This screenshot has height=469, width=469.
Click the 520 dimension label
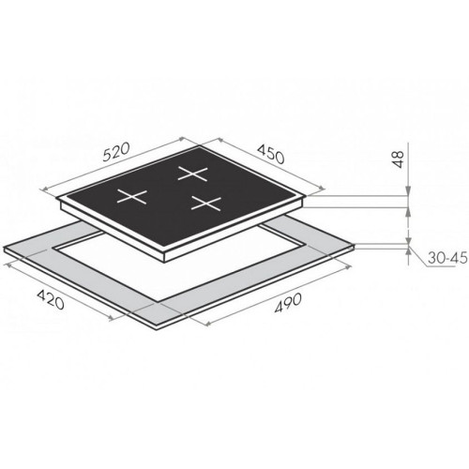pyautogui.click(x=115, y=152)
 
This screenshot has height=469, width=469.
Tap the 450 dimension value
pyautogui.click(x=271, y=154)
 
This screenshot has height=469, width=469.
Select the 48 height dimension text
pyautogui.click(x=398, y=159)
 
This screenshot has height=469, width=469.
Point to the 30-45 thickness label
pyautogui.click(x=447, y=258)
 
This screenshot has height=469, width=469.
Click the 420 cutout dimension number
pyautogui.click(x=51, y=299)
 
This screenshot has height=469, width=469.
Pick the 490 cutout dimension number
pyautogui.click(x=288, y=303)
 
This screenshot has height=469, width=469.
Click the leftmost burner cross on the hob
pyautogui.click(x=132, y=197)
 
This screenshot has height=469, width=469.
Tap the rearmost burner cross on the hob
pyautogui.click(x=192, y=174)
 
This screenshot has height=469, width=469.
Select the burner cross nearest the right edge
pyautogui.click(x=206, y=203)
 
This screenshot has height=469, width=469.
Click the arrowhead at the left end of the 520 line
pyautogui.click(x=45, y=189)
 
